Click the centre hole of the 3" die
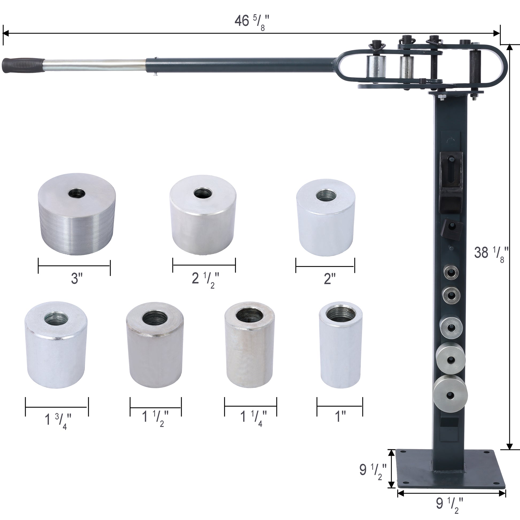(77, 193)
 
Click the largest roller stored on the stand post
(450, 395)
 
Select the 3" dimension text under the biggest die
(76, 278)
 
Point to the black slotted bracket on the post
(451, 169)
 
